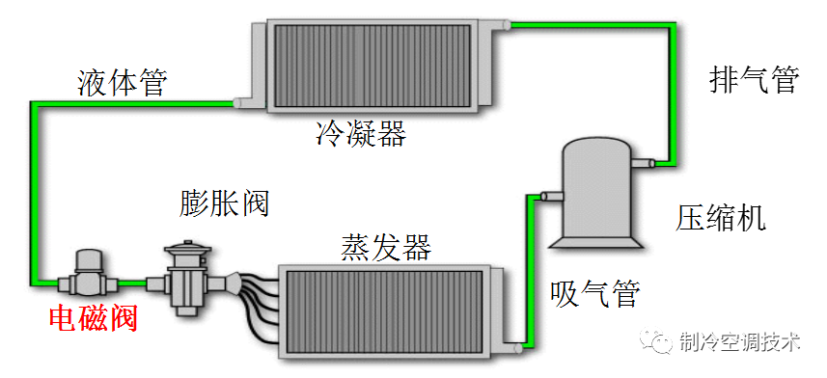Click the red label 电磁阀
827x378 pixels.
[x=93, y=317]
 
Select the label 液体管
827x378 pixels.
[x=122, y=84]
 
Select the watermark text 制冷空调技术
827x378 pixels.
[x=739, y=342]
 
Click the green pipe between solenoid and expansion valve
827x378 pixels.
[x=134, y=283]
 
